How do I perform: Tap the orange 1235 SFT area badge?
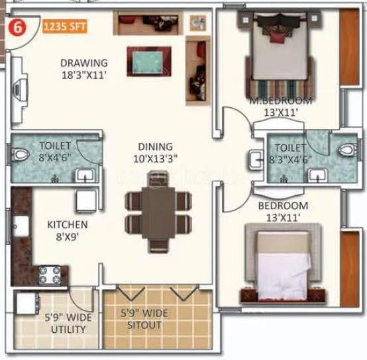(64, 28)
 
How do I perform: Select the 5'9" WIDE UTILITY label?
(69, 323)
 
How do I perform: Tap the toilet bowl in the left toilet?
(21, 156)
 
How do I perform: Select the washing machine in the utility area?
(27, 304)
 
